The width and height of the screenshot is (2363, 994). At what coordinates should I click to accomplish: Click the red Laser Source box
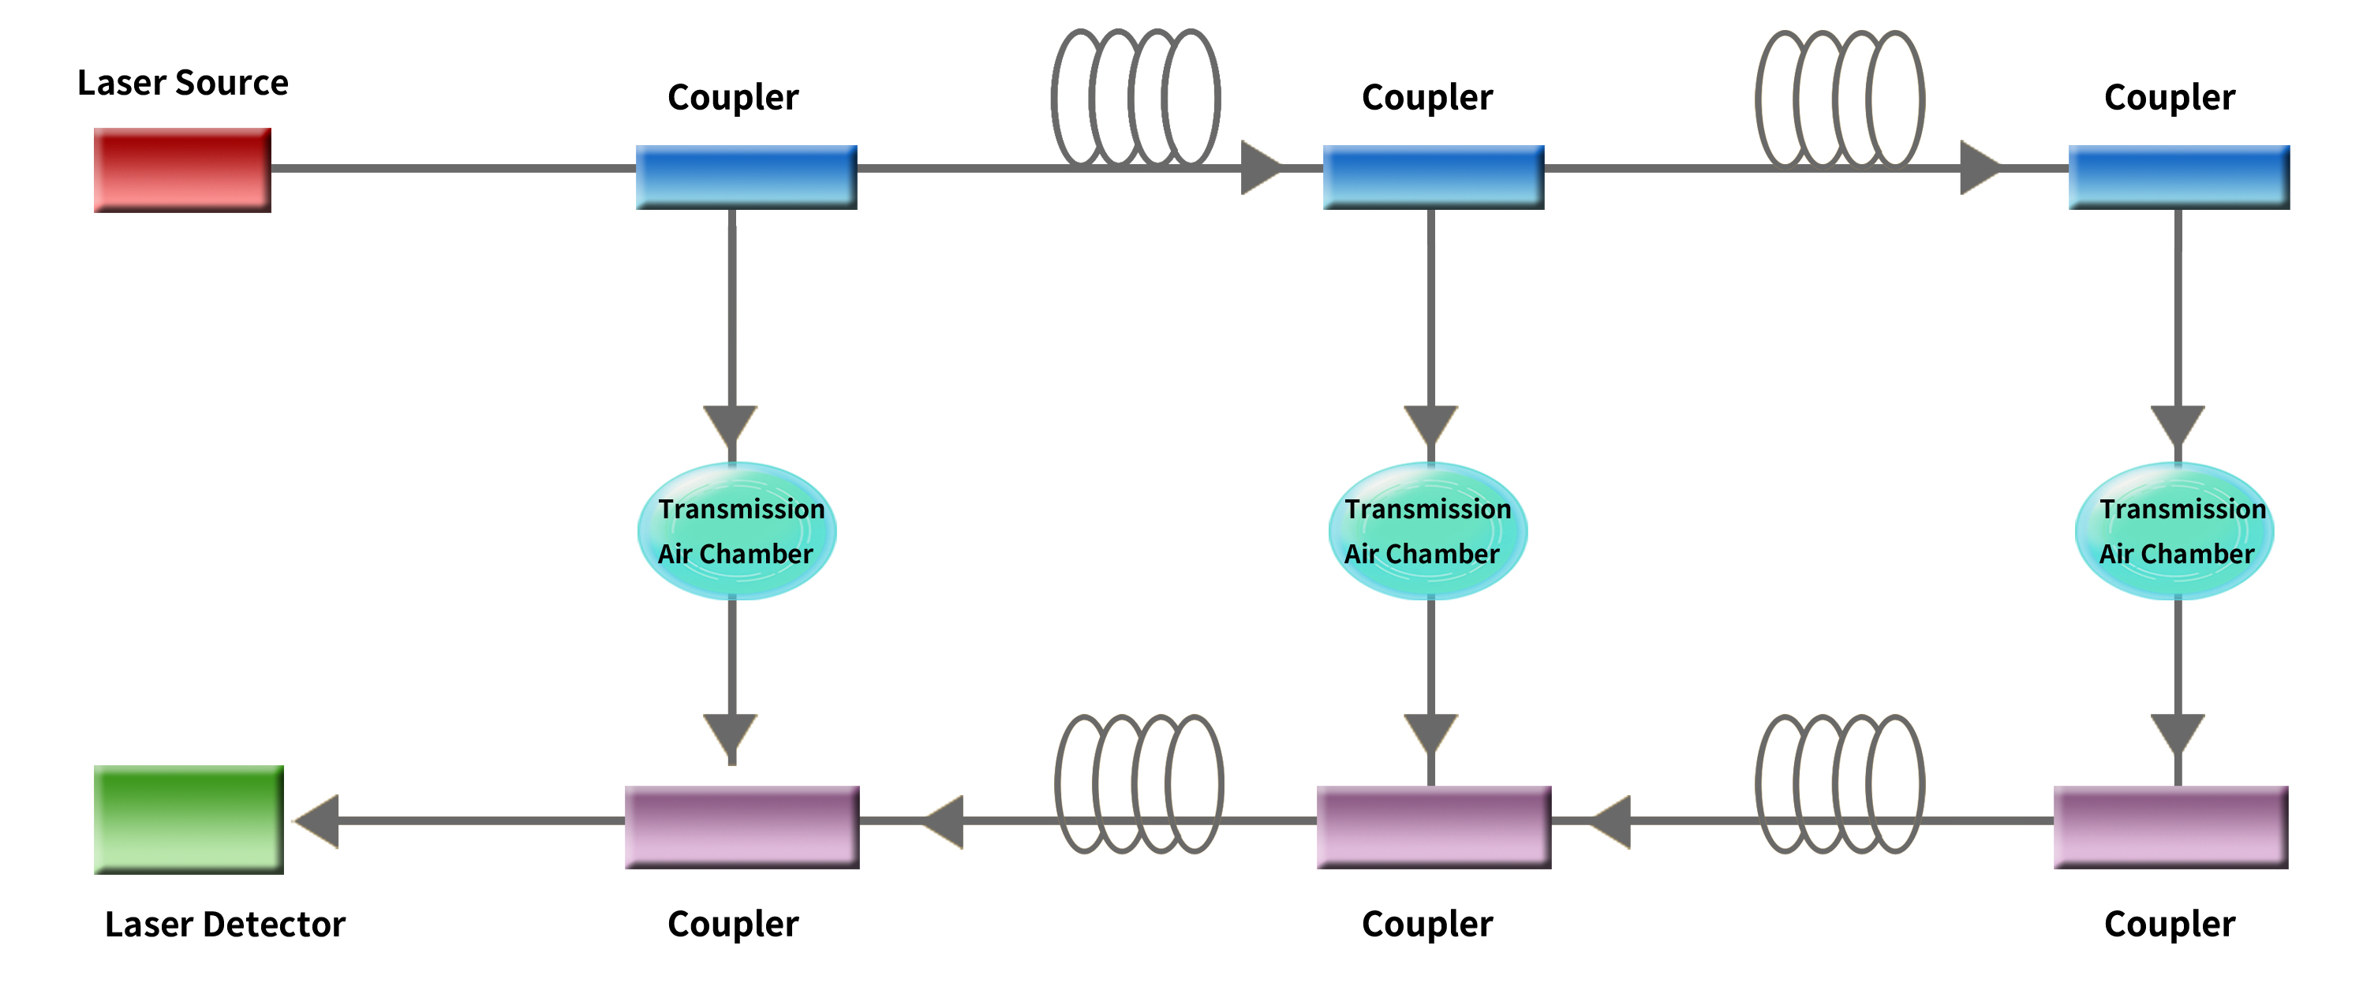point(181,170)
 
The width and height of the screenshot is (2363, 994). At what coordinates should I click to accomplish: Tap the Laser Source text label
point(182,84)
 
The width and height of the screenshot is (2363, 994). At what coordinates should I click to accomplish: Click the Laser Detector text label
point(225,925)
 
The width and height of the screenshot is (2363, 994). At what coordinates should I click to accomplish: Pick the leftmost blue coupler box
point(746,177)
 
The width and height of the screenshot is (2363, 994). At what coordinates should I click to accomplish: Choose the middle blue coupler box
point(1433,177)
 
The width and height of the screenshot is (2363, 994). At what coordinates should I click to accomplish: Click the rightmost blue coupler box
point(2178,177)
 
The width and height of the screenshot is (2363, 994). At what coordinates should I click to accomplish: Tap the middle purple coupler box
point(1434,826)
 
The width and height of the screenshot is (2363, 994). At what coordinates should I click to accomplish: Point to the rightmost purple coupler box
point(2170,826)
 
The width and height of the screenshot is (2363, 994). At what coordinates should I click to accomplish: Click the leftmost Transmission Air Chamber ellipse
point(737,531)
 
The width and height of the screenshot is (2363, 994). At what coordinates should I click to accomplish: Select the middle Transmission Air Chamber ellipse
point(1427,531)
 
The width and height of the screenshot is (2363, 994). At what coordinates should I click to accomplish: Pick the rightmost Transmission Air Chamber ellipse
point(2174,531)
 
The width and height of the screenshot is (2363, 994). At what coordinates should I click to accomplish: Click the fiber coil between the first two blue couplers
point(1135,98)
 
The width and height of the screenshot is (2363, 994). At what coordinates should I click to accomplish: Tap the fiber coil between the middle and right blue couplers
point(1840,100)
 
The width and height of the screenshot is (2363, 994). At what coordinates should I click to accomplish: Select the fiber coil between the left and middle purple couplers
point(1139,784)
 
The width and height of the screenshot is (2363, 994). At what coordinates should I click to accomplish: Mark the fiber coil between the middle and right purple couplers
point(1840,784)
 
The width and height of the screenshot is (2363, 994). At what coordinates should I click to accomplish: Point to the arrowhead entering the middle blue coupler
point(1260,168)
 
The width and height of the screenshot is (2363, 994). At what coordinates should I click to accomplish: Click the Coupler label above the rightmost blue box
point(2170,97)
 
